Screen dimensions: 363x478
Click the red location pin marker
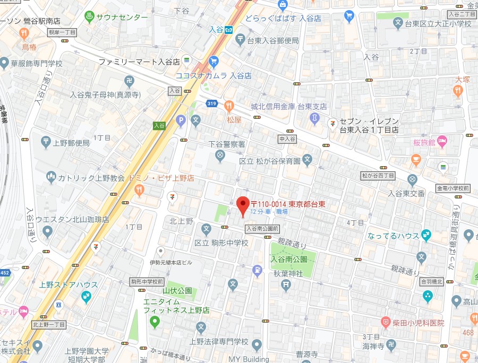[243, 205]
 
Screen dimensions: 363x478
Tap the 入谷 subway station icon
[229, 30]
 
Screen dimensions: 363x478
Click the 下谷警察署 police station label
[226, 144]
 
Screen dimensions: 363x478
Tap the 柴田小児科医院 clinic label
[419, 323]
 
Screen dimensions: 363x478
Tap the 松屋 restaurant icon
[229, 105]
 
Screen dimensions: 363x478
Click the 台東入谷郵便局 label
[273, 40]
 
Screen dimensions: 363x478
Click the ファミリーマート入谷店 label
[140, 62]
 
